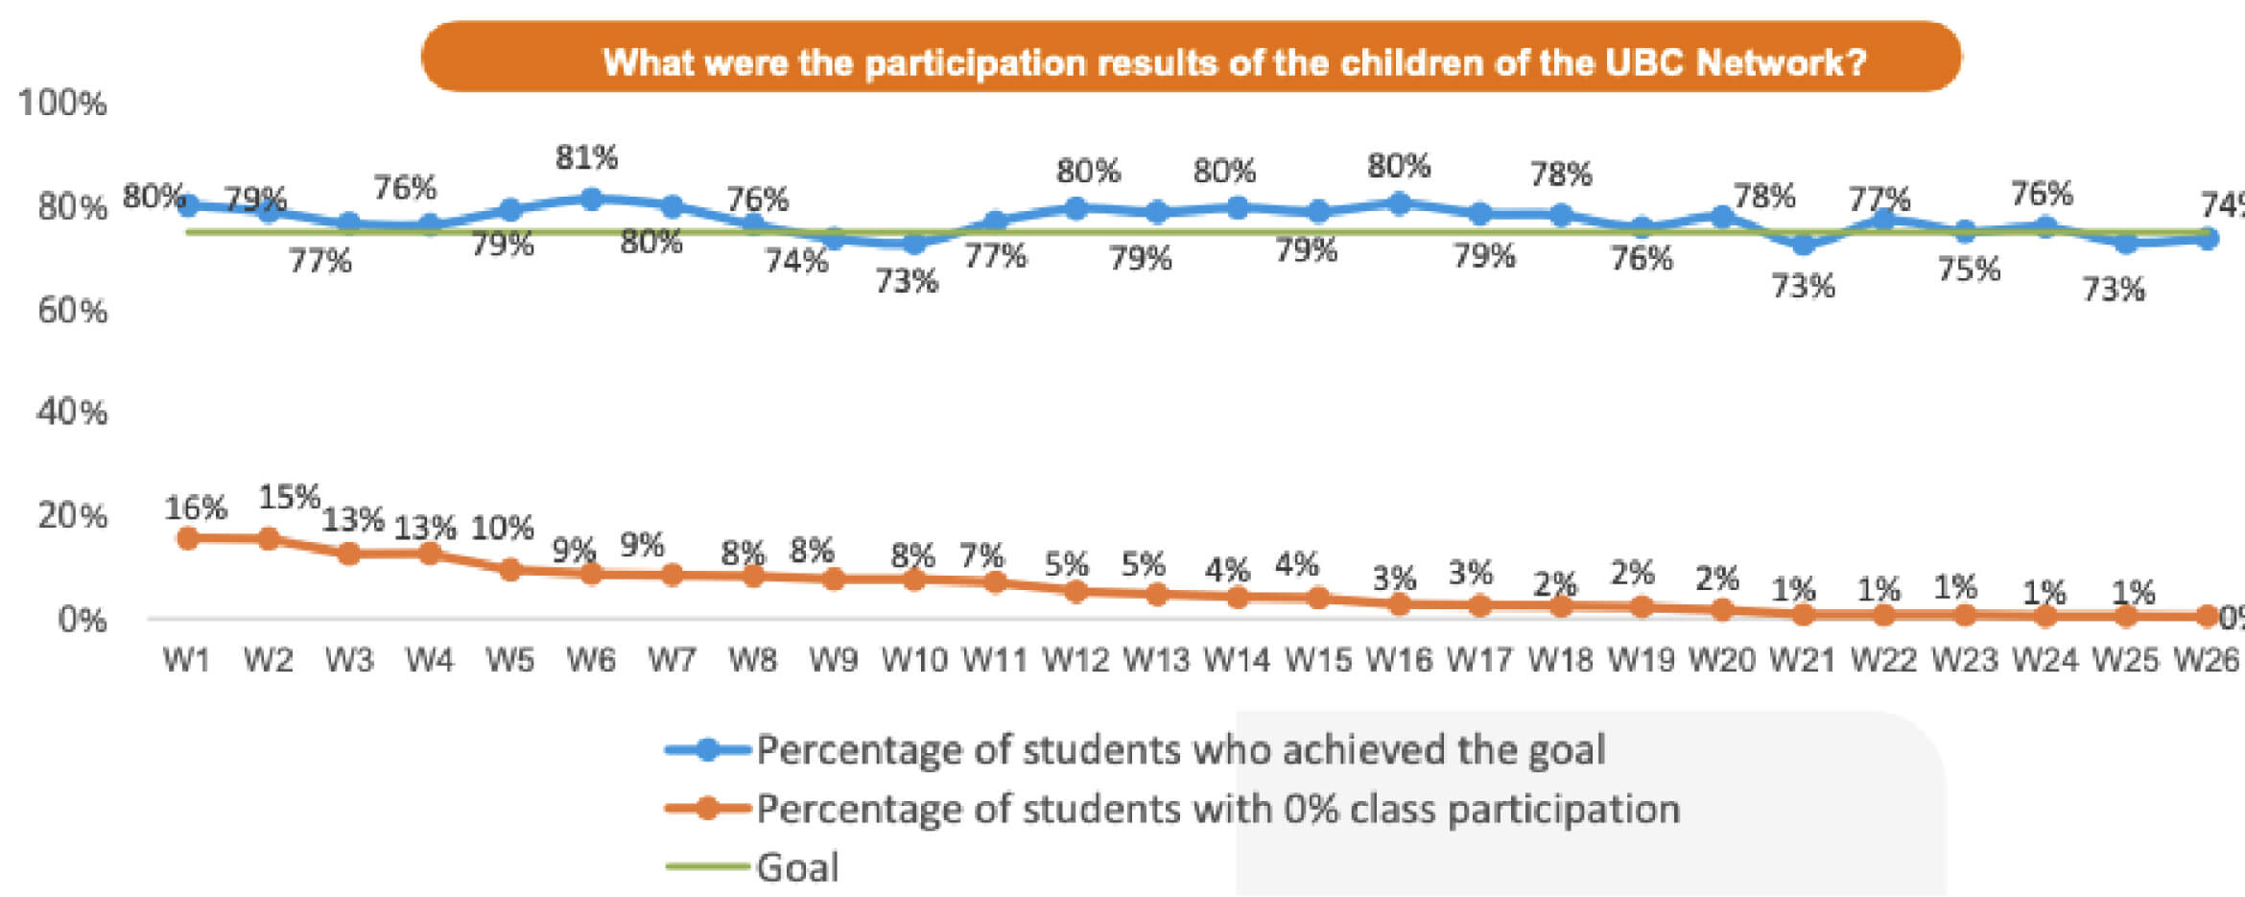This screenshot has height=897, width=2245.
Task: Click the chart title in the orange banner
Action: pos(1234,62)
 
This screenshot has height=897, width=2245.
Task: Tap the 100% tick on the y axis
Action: pos(62,103)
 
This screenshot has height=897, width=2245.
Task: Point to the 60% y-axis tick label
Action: pos(72,310)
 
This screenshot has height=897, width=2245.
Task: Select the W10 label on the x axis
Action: pos(913,660)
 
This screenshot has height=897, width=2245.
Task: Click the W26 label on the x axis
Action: pos(2206,660)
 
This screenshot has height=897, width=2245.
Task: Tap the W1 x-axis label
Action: pos(186,660)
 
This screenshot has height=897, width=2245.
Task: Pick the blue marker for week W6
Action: pos(591,199)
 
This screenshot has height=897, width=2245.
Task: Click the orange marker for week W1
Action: pos(188,538)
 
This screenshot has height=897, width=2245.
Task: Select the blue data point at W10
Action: pos(914,244)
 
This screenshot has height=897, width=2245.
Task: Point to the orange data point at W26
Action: pos(2207,616)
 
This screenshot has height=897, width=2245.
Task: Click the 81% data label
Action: pos(586,156)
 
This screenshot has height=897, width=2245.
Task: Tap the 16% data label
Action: pos(196,508)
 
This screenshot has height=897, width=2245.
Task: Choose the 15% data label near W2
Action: pos(288,497)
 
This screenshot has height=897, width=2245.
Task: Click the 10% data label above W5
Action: pos(502,528)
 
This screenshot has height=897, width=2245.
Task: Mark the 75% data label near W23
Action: pos(1969,270)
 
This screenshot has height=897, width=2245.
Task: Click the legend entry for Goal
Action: pos(796,867)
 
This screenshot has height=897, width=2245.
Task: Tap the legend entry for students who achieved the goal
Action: pos(1180,749)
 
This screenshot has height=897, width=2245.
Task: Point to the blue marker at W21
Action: pos(1804,244)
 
